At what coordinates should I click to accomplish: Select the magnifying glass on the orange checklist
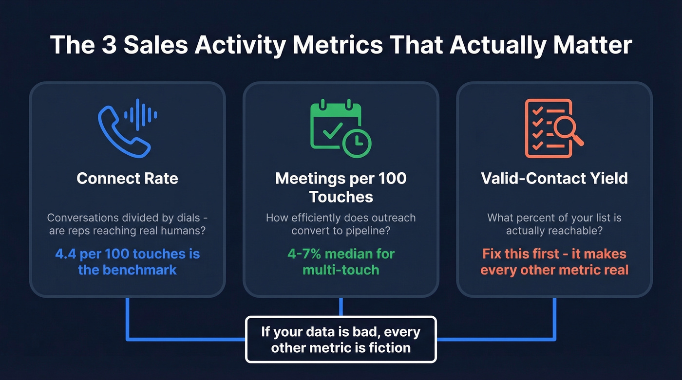pos(567,127)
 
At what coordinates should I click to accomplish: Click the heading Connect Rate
pos(127,179)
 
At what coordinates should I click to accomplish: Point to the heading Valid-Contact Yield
pos(554,179)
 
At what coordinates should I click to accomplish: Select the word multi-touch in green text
pos(341,270)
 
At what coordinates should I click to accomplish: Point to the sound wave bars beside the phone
pos(140,115)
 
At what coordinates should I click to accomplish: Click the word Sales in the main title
pos(153,45)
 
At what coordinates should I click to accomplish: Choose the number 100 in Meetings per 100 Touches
pos(391,179)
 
